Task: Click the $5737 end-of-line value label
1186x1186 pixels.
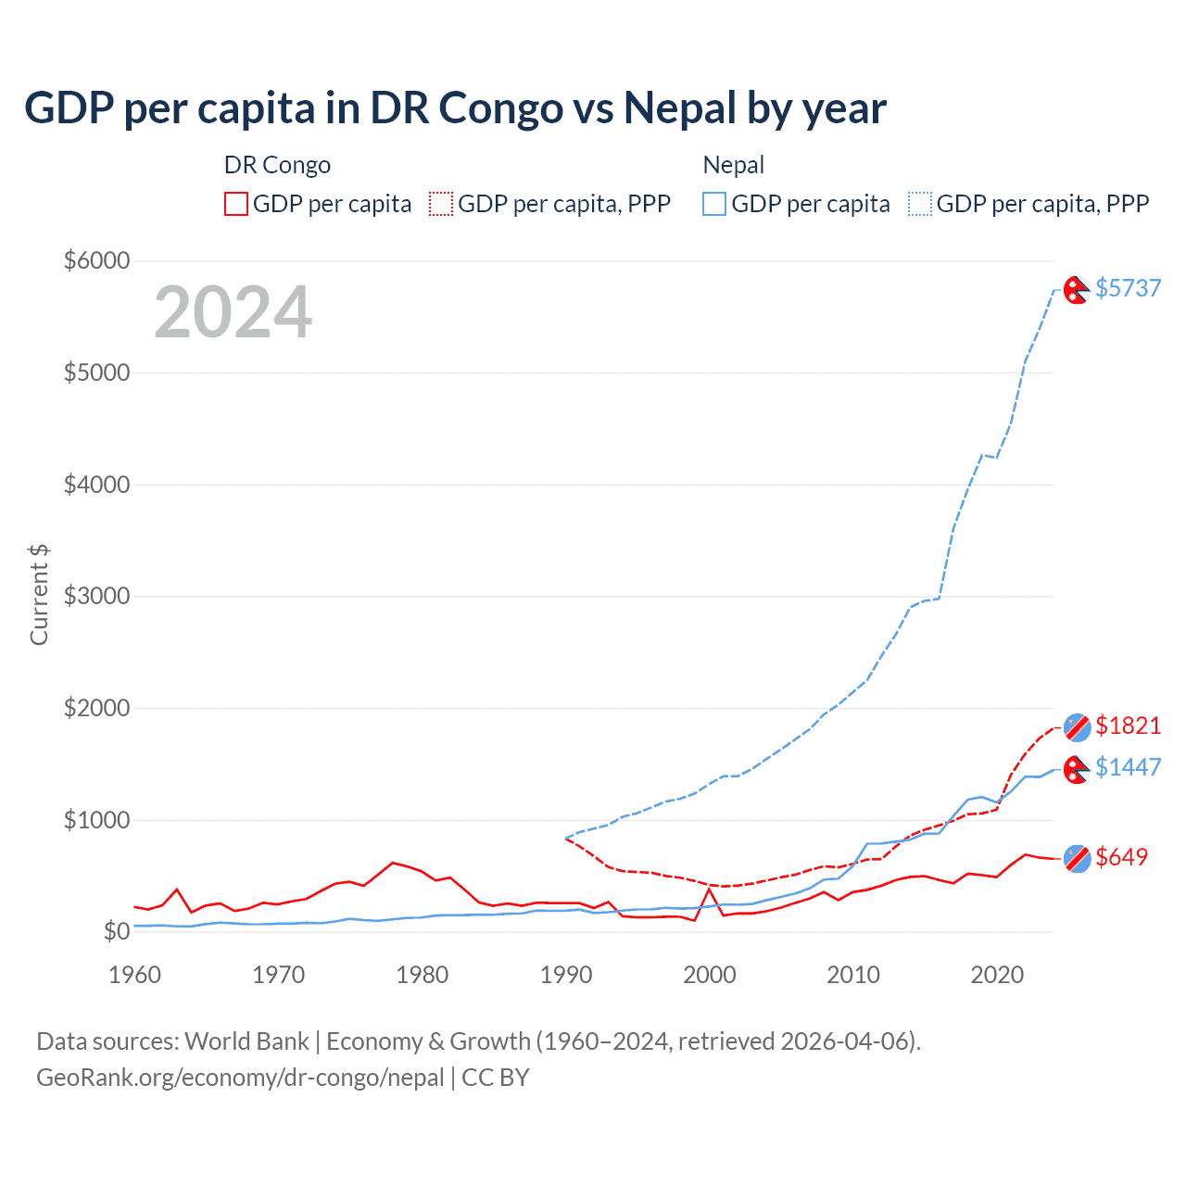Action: click(x=1128, y=288)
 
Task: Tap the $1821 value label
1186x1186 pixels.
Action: click(x=1128, y=725)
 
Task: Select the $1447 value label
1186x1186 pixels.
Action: click(x=1128, y=767)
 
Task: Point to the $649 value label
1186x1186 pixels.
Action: click(x=1121, y=857)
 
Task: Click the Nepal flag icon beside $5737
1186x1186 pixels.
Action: click(x=1076, y=290)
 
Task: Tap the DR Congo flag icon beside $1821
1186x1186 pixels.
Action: click(x=1077, y=727)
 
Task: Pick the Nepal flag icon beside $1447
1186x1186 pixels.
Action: click(x=1076, y=769)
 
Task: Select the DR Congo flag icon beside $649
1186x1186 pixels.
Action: click(x=1077, y=859)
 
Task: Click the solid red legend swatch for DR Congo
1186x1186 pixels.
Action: click(x=236, y=204)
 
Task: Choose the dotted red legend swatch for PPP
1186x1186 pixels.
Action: click(x=441, y=204)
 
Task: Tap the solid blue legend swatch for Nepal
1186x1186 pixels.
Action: click(x=714, y=204)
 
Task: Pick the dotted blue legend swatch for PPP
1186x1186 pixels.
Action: click(x=920, y=204)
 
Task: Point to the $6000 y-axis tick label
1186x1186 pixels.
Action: click(x=96, y=260)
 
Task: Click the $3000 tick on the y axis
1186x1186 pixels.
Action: click(x=96, y=596)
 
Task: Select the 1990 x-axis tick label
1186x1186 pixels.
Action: click(x=566, y=975)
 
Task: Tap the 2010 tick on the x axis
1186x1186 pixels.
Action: click(x=853, y=975)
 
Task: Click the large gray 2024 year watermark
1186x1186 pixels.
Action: click(x=233, y=312)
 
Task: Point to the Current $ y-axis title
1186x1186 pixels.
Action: click(x=39, y=595)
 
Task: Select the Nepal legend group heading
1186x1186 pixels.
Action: click(x=733, y=165)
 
